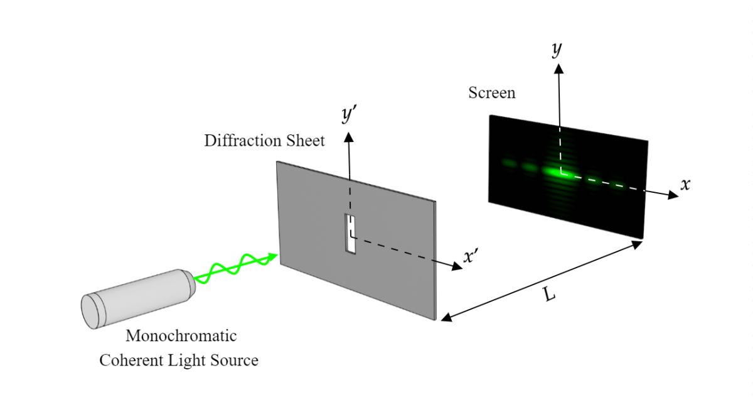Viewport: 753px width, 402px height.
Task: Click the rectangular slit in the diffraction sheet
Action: tap(350, 234)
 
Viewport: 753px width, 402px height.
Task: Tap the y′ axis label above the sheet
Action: tap(350, 116)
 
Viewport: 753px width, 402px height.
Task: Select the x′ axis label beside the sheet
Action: tap(471, 257)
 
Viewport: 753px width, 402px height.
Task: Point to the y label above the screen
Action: tap(557, 50)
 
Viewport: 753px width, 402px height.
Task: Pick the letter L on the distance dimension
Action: tap(550, 293)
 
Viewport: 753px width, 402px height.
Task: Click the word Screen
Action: tap(492, 93)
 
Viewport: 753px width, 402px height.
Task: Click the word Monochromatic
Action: tap(181, 335)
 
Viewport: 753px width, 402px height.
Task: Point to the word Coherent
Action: tap(129, 361)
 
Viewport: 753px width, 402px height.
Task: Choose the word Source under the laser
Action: tap(233, 361)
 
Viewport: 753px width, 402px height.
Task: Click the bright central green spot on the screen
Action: tap(555, 170)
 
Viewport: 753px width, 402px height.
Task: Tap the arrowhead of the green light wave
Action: tap(272, 255)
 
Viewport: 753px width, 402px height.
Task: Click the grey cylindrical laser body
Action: tap(135, 298)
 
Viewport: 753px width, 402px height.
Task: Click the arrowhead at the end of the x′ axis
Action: tap(456, 266)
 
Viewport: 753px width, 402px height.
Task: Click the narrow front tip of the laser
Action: tap(190, 284)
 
